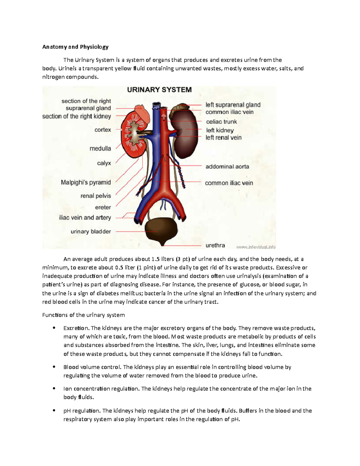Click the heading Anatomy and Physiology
75,47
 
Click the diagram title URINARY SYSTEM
159,90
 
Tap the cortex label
103,130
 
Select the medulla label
100,149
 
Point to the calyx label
104,163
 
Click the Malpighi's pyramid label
86,182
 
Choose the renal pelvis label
96,196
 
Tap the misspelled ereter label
103,207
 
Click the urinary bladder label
91,232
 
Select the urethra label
215,245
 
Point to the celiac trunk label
221,122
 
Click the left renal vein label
223,138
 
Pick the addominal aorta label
227,167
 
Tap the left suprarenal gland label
233,105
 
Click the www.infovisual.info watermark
256,247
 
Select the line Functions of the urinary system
83,315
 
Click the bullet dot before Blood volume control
54,367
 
